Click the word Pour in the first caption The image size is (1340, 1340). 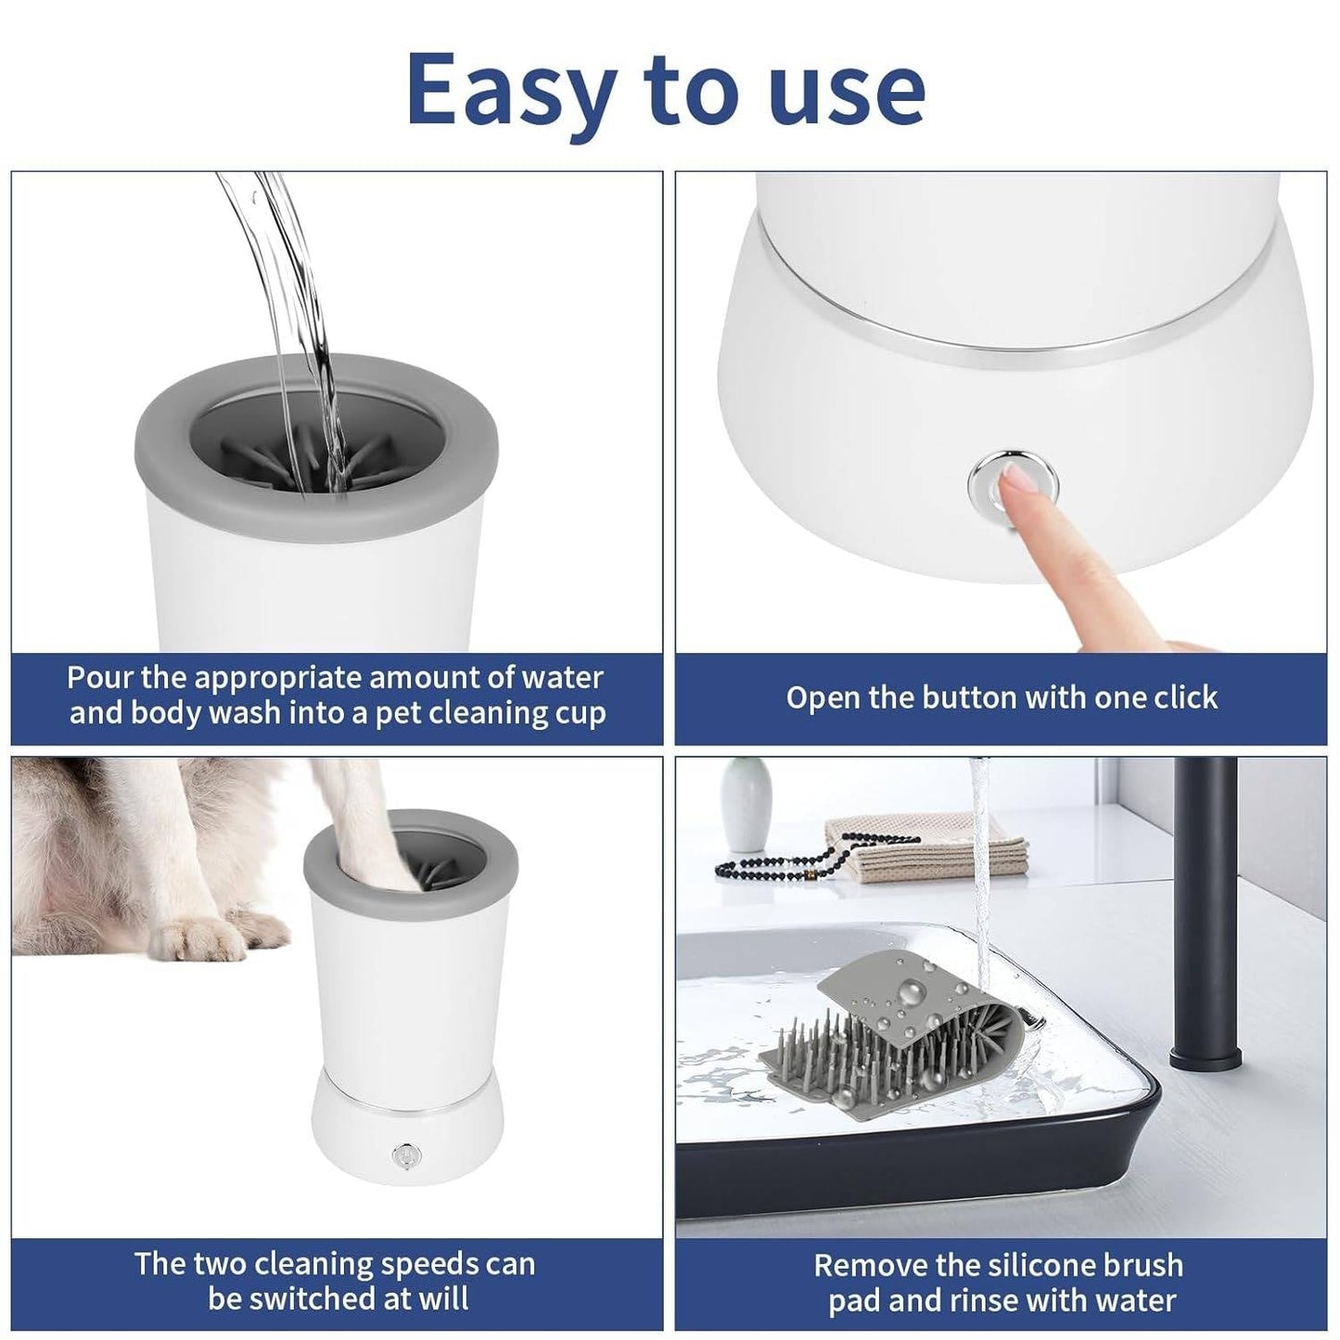point(100,677)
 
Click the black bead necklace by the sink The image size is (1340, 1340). point(788,862)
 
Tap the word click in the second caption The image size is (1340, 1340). point(1178,697)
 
